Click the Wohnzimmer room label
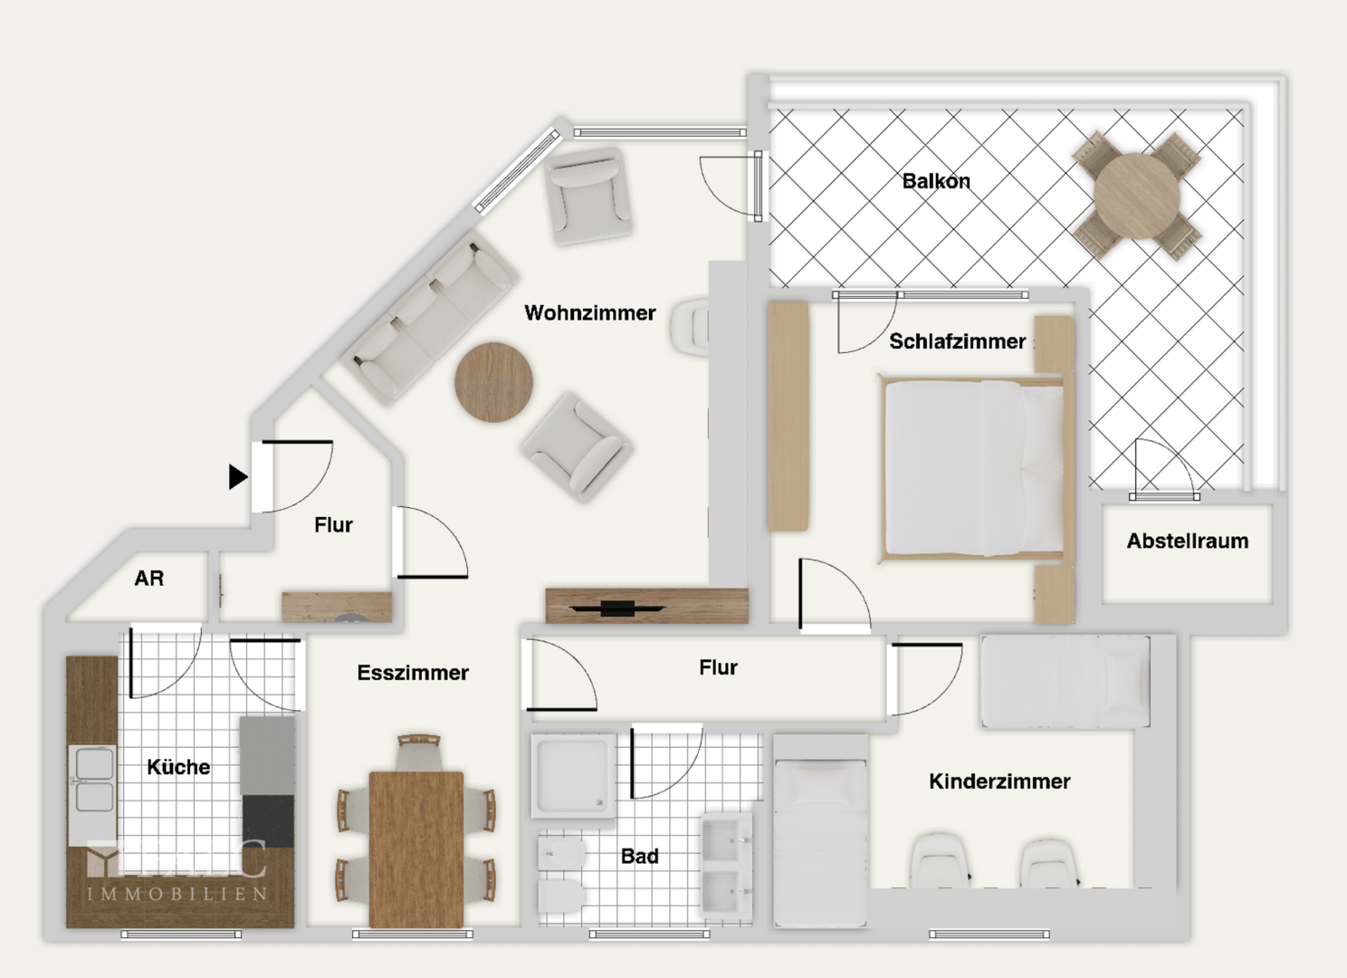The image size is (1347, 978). [589, 313]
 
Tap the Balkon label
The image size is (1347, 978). [936, 181]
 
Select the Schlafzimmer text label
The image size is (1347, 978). [957, 341]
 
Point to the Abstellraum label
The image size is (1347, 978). [1187, 542]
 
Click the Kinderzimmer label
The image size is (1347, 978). [999, 781]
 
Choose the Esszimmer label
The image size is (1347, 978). [413, 673]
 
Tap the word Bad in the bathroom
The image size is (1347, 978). [639, 857]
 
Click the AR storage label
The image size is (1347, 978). [149, 579]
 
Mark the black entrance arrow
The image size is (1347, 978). [237, 476]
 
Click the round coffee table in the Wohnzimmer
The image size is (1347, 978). [493, 382]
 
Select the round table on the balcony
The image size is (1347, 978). [1137, 196]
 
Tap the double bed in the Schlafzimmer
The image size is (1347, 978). [973, 467]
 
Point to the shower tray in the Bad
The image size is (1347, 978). [573, 776]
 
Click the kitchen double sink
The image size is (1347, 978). [93, 781]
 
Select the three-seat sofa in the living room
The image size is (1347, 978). [431, 318]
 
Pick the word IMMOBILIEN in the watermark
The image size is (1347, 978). [177, 895]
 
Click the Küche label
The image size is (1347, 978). [178, 767]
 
